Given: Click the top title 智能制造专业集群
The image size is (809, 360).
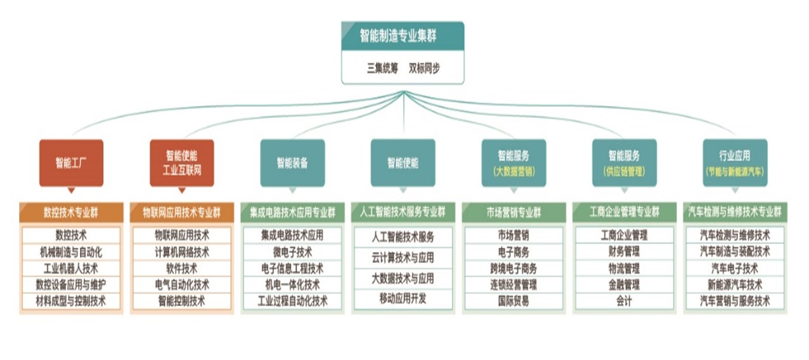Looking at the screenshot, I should click(402, 35).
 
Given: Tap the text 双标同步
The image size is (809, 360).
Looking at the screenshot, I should click(424, 68).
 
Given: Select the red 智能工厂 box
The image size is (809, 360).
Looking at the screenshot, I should click(71, 163).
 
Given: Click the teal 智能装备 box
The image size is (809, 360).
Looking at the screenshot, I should click(292, 163).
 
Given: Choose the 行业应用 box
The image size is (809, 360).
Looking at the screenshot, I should click(735, 163).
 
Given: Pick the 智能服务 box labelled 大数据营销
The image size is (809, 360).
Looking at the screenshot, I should click(514, 163).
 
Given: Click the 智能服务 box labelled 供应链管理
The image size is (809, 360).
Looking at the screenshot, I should click(624, 163).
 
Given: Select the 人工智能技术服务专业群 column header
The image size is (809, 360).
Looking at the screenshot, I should click(403, 212).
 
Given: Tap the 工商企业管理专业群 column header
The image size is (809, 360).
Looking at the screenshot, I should click(624, 212).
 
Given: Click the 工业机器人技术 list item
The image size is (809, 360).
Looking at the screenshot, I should click(71, 268).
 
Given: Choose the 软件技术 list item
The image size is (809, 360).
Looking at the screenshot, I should click(181, 268).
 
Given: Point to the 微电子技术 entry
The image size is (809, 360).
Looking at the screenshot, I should click(292, 252).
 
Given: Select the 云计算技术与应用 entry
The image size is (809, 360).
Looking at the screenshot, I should click(403, 257).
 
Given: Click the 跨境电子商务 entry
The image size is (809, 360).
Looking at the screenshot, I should click(514, 268).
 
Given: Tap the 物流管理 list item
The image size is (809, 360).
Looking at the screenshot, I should click(624, 268).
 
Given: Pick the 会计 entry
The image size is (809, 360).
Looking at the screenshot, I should click(624, 301).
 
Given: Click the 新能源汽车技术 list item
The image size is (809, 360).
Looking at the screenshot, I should click(735, 285).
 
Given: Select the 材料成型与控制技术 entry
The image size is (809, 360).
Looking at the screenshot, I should click(71, 301).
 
